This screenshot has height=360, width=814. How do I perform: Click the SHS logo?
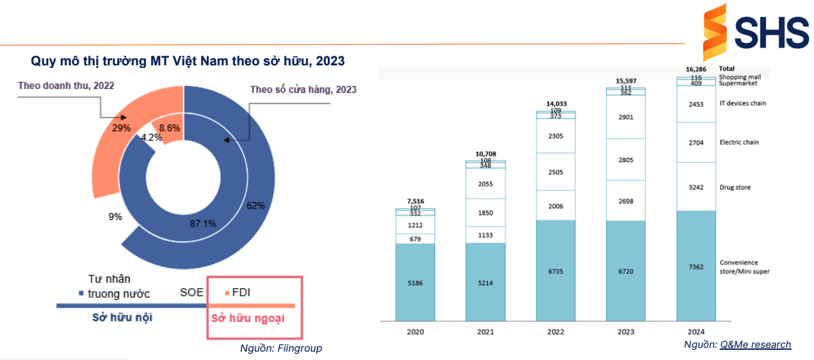[755, 31]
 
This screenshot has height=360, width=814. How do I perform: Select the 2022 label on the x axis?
[555, 332]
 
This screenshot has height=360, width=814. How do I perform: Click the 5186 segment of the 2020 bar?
[415, 282]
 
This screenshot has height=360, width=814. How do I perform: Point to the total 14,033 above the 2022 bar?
[556, 104]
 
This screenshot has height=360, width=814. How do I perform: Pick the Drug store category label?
[735, 188]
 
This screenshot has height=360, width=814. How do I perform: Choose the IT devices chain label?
[742, 103]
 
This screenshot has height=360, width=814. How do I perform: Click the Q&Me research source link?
[755, 345]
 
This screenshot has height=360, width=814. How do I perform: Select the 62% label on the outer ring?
[256, 206]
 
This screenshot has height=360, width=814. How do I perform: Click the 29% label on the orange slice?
[121, 127]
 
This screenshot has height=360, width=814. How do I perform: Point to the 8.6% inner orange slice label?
[170, 128]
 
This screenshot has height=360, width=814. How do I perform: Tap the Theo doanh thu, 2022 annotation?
[66, 85]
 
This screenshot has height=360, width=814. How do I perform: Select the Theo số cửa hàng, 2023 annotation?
[303, 90]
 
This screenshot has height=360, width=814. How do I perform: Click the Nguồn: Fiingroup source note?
[281, 348]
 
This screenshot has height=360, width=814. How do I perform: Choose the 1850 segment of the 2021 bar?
[485, 213]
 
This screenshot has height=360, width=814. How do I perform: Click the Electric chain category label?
[739, 142]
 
